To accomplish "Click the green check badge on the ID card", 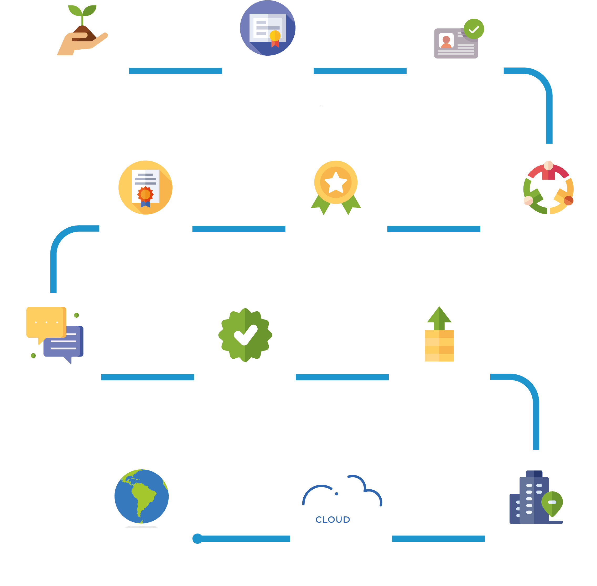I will coord(474,29).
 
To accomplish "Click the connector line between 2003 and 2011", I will coord(175,71).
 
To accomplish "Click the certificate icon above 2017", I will coord(145,187).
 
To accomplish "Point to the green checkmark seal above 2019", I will coord(245,335).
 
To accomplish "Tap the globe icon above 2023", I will coord(141,496).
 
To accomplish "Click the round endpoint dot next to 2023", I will coord(197,538).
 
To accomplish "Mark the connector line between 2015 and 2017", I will coord(238,229).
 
